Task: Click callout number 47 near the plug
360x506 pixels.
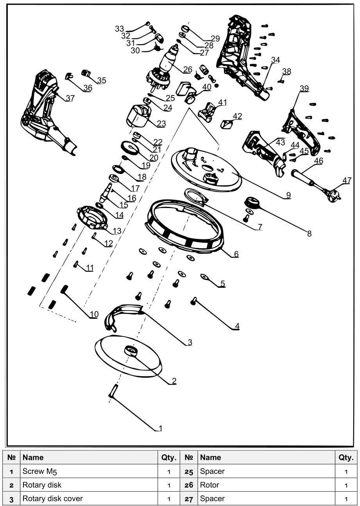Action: tap(346, 180)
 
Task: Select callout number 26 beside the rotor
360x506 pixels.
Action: tap(188, 70)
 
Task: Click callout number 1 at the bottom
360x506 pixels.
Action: tap(159, 428)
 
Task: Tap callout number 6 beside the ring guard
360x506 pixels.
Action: tap(236, 254)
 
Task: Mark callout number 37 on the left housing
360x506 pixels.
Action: tap(70, 98)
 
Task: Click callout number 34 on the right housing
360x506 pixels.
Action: tap(276, 60)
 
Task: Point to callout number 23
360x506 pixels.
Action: tap(161, 124)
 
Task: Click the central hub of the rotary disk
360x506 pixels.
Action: tap(130, 350)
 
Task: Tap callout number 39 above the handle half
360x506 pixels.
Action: tap(304, 88)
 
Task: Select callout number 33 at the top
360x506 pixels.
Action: tap(119, 29)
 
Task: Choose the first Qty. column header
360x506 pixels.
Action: tap(168, 458)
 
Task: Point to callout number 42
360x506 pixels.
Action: tap(237, 116)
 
